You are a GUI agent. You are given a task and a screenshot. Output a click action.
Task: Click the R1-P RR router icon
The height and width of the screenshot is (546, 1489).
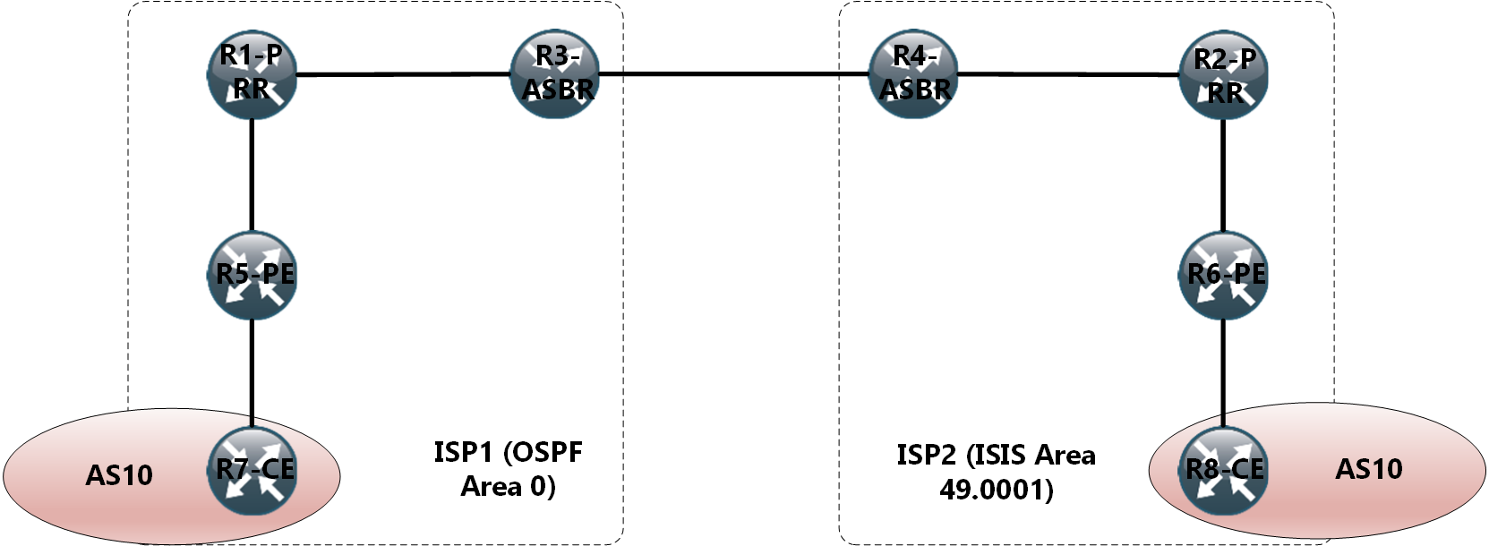coord(252,73)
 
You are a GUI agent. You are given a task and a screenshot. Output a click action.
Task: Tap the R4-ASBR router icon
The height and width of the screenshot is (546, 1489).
coord(914,73)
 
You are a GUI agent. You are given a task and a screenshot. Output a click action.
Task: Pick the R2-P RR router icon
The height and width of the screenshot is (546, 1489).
coord(1224,75)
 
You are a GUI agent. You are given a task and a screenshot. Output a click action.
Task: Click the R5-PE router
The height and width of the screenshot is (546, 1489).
coord(252,275)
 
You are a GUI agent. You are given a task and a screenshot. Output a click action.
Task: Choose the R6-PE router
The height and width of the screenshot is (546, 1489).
coord(1224,275)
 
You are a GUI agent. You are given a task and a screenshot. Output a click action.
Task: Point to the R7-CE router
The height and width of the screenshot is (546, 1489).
coord(252,471)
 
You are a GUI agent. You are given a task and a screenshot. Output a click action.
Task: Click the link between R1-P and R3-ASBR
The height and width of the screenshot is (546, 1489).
coord(403,73)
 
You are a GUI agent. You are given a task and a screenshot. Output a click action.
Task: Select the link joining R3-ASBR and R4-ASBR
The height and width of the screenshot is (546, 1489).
coord(734,73)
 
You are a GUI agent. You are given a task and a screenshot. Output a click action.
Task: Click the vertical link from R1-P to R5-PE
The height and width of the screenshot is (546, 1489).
coord(252,175)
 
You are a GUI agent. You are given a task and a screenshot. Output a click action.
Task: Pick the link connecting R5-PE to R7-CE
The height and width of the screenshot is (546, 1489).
coord(252,371)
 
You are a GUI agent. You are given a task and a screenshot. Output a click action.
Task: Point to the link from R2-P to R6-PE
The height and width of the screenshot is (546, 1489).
coord(1224,175)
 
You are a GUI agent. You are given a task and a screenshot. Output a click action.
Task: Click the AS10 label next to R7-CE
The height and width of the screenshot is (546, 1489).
coord(119,475)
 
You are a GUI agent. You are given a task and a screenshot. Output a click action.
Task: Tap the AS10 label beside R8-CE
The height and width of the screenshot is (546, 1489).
coord(1369,469)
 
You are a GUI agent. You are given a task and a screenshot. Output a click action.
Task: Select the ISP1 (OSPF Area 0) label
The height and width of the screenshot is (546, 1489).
coord(508,469)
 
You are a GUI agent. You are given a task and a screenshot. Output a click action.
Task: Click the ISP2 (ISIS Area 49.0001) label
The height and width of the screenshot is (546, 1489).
coord(996,472)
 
